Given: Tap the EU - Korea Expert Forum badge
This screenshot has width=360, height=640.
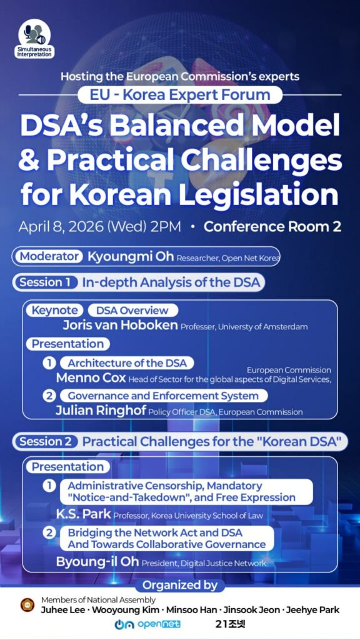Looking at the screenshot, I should (x=180, y=95).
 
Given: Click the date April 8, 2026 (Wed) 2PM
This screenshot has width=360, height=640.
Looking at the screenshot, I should (x=100, y=226).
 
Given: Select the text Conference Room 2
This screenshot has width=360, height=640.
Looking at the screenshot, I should (x=272, y=226).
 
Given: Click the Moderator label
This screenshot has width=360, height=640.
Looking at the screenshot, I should (x=49, y=256).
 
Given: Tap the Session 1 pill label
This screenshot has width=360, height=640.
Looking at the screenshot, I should (x=44, y=282).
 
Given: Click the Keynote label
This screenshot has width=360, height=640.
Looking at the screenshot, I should (x=55, y=311).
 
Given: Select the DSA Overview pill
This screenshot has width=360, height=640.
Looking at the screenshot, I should (x=132, y=311).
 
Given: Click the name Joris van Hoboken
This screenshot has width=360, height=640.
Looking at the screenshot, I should (x=120, y=326).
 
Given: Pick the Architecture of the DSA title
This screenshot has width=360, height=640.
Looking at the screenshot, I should (x=127, y=363).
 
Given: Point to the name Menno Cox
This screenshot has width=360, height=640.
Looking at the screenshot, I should (x=90, y=378).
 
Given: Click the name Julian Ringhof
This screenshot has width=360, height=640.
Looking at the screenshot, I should (x=100, y=411).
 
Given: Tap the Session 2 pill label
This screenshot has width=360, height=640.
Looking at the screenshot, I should (x=45, y=442).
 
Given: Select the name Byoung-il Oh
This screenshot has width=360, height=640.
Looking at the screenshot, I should (x=97, y=562).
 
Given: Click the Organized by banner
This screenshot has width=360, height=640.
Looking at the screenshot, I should (x=180, y=586).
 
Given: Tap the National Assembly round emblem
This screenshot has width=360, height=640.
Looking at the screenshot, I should (x=27, y=605).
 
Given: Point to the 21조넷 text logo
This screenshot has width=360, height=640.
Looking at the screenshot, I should (x=227, y=624).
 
